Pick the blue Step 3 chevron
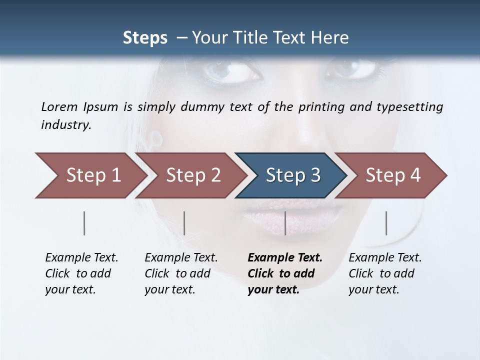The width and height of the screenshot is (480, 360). click(292, 175)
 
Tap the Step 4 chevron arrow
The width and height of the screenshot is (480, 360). click(392, 175)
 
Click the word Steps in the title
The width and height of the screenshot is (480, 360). click(145, 37)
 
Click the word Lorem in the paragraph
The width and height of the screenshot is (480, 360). click(59, 106)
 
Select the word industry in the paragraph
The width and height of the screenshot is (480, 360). click(66, 124)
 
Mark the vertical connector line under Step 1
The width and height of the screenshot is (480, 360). click(84, 223)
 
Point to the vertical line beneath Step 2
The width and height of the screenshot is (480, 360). click(184, 223)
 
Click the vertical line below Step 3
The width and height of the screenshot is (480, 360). click(285, 223)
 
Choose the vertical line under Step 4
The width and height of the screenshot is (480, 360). click(386, 223)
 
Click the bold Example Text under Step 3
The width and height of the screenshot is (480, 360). click(285, 258)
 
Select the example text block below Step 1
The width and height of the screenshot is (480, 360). click(81, 273)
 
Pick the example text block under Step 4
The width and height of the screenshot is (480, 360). click(385, 273)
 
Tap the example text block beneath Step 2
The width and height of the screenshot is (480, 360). click(181, 273)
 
